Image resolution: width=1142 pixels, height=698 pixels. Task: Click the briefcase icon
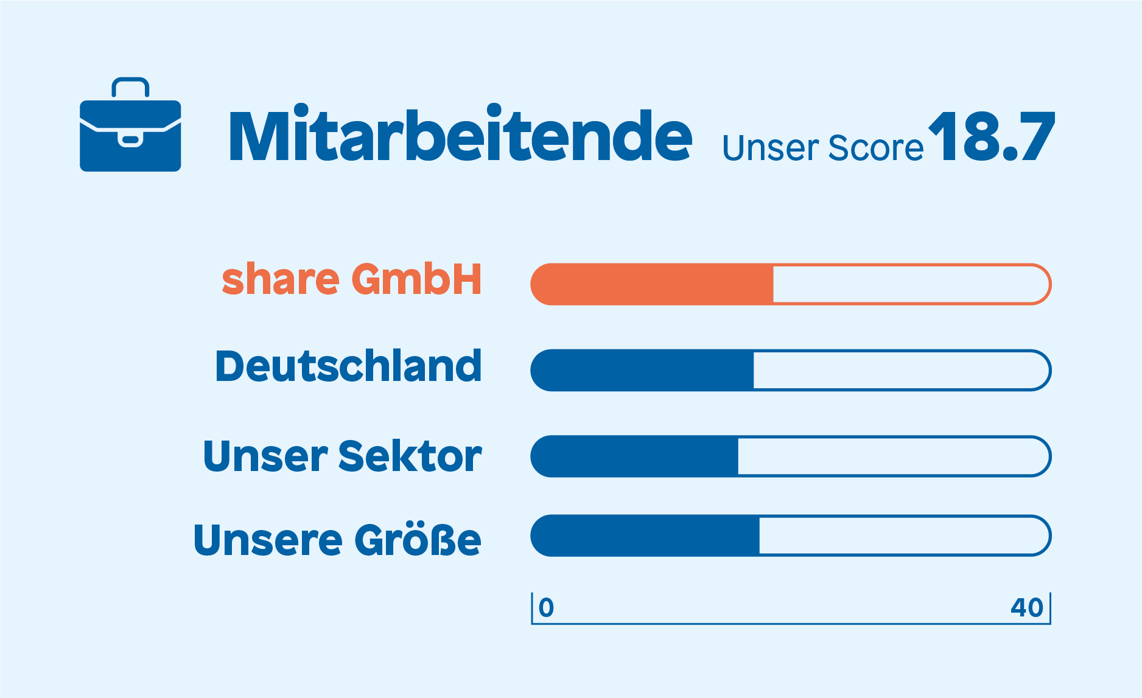tap(130, 125)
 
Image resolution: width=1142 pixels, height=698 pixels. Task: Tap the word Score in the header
tap(876, 148)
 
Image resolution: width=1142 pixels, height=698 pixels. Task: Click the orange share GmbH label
tap(352, 279)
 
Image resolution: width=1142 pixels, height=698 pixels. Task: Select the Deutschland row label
tap(349, 366)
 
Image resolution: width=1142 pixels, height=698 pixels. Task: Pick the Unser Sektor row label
tap(343, 456)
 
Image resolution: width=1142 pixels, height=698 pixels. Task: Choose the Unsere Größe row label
tap(337, 539)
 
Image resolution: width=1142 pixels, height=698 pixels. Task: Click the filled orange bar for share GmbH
tap(652, 284)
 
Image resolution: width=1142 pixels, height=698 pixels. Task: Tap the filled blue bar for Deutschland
tap(642, 370)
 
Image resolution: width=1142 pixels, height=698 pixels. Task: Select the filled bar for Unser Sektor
tap(634, 456)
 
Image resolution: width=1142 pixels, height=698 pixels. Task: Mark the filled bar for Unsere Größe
tap(645, 536)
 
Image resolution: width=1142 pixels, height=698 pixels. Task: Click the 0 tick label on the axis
tap(546, 607)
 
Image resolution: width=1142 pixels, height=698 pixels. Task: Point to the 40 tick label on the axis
tap(1027, 607)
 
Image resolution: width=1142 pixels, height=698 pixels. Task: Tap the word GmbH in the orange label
tap(417, 279)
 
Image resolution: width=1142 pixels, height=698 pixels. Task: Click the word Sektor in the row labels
tap(410, 456)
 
